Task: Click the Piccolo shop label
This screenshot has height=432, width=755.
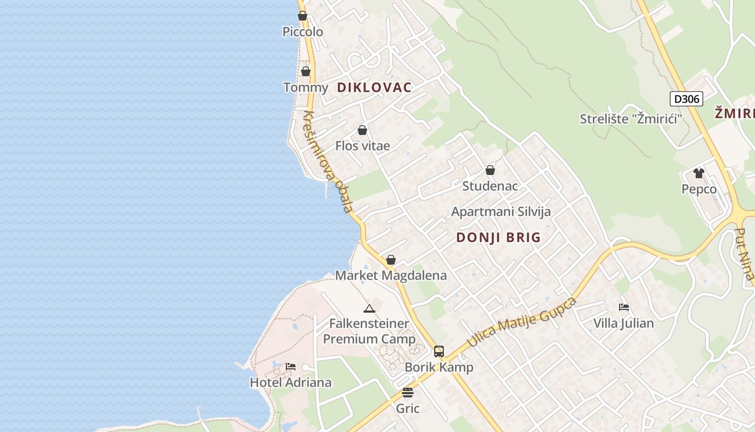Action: click(303, 32)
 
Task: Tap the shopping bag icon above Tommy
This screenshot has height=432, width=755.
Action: click(306, 71)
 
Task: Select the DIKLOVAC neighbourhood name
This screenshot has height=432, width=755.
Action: click(374, 87)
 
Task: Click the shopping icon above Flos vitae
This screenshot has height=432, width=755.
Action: click(362, 130)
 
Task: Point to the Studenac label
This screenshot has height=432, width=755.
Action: click(490, 186)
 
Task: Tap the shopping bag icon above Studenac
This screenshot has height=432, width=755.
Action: click(490, 170)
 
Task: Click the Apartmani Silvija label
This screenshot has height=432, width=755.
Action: click(501, 212)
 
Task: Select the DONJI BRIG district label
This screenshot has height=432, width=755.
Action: click(498, 238)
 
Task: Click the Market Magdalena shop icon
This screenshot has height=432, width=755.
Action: click(391, 260)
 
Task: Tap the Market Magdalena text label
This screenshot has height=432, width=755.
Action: click(391, 275)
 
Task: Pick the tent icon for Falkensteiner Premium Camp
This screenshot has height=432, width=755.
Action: click(369, 308)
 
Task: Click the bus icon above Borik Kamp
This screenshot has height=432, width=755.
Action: click(439, 352)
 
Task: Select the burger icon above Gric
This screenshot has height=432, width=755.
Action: click(408, 393)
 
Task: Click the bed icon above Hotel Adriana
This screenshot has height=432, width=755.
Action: click(291, 367)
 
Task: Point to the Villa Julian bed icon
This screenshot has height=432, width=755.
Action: click(624, 307)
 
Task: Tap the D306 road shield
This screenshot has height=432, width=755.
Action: click(686, 99)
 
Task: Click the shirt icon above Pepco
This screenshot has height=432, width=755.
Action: click(699, 173)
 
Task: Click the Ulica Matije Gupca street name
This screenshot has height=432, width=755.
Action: click(521, 322)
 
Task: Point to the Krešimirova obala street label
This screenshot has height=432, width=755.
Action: click(328, 161)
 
